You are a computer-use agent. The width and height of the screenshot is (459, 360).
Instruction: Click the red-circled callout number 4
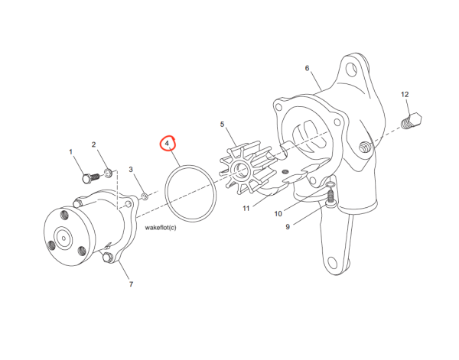(167, 143)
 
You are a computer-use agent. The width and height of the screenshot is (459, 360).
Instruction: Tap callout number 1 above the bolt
(70, 152)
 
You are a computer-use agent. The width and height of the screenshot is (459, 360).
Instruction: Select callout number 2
(93, 144)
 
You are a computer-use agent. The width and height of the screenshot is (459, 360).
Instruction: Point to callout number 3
(131, 170)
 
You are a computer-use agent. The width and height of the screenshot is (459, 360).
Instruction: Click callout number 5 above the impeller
(222, 125)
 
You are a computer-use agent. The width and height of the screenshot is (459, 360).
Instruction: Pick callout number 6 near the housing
(307, 68)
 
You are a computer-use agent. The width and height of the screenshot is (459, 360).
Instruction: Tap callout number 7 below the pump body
(131, 284)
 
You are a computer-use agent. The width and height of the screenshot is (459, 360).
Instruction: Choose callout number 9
(288, 227)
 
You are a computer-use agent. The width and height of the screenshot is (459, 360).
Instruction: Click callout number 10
(278, 214)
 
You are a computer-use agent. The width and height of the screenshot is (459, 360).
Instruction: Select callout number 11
(246, 208)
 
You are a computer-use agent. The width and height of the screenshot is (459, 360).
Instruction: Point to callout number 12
(405, 95)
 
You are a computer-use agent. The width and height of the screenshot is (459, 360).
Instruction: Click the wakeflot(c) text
(161, 228)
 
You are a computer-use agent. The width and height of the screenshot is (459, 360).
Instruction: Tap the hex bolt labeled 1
(90, 178)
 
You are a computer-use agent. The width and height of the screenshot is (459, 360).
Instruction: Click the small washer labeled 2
(109, 173)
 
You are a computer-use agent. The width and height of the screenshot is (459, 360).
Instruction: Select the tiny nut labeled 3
(145, 196)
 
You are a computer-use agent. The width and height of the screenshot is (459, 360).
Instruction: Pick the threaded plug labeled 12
(412, 121)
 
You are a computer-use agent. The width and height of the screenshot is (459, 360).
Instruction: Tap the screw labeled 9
(330, 199)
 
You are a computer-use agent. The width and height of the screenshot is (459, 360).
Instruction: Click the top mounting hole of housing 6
(351, 70)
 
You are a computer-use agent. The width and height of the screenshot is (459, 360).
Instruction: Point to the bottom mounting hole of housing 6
(332, 263)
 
